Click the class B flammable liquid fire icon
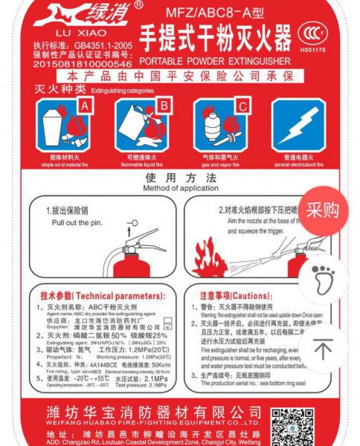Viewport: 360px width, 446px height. [144, 126]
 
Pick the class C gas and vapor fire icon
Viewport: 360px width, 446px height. [222, 126]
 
